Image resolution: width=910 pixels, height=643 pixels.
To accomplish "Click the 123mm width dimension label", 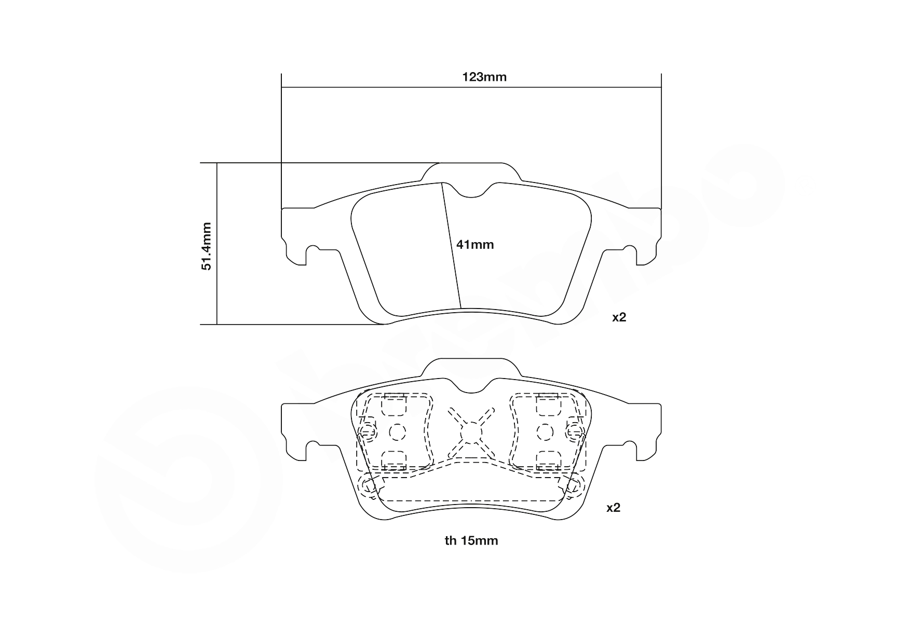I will [x=484, y=78].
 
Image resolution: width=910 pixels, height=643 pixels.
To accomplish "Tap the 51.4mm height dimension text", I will [x=207, y=246].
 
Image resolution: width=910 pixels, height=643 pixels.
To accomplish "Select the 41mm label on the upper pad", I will [x=474, y=244].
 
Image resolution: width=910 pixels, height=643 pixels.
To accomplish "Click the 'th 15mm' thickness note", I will [x=471, y=541].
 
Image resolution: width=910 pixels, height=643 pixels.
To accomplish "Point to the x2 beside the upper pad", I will [x=619, y=317].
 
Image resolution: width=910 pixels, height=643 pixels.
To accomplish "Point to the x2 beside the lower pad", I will [x=613, y=508].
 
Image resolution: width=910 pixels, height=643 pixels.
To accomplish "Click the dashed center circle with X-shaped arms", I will [x=471, y=431].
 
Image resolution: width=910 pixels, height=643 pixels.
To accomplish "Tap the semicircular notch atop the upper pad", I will [x=471, y=192].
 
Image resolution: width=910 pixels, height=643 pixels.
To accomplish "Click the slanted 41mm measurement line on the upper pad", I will [x=451, y=244].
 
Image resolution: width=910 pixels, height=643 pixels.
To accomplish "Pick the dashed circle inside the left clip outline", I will [x=396, y=431].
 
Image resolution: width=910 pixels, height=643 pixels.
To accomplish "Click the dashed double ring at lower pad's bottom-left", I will [x=368, y=486].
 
